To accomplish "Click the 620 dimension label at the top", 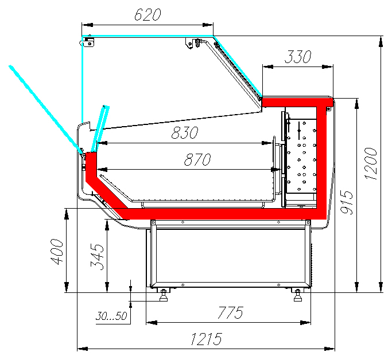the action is [148, 14].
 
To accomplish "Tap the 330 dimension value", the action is [298, 56].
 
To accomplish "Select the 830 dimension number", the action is [185, 132].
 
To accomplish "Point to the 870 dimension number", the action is [197, 159].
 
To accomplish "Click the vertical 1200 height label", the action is [371, 163].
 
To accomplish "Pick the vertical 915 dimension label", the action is [347, 202].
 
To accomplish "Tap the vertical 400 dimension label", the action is [57, 252].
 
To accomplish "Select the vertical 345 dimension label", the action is [97, 257].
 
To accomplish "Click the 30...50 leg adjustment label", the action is [111, 316].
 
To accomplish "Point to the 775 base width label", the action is [230, 312].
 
